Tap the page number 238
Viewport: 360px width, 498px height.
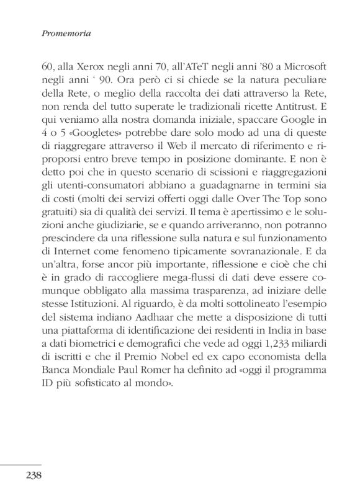pyautogui.click(x=34, y=476)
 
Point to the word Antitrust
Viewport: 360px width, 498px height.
pyautogui.click(x=298, y=105)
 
